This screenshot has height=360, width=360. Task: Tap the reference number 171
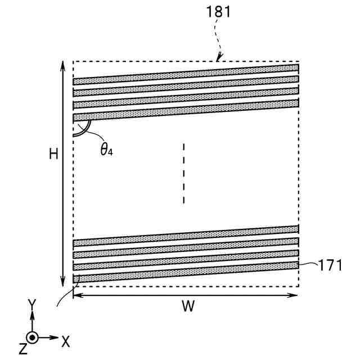(x=330, y=265)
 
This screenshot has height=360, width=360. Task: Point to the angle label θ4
(x=107, y=150)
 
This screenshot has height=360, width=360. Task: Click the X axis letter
(x=66, y=341)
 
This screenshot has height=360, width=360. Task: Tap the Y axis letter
(x=32, y=305)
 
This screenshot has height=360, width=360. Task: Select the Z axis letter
(x=22, y=349)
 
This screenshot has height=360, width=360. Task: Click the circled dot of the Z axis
(x=33, y=338)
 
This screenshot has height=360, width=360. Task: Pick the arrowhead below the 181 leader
(x=220, y=57)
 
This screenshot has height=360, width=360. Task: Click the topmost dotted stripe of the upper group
(x=186, y=72)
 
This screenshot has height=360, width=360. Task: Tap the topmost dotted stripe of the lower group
(x=186, y=235)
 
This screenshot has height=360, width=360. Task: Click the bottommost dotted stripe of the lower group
(x=186, y=272)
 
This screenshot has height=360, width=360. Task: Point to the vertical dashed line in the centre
(x=183, y=173)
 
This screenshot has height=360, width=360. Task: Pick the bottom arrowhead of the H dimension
(x=62, y=282)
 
